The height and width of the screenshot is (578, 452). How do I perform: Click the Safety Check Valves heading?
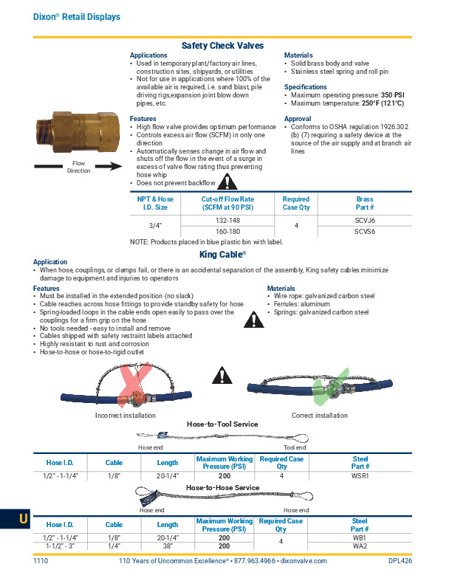(x=222, y=46)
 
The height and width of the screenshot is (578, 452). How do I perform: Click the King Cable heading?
(x=222, y=253)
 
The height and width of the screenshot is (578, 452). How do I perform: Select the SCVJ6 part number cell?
(x=365, y=220)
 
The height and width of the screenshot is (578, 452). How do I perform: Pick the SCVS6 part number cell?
(x=365, y=231)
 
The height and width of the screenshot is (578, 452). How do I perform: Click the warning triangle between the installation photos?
(x=221, y=376)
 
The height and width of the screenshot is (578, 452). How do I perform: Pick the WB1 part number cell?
(x=360, y=537)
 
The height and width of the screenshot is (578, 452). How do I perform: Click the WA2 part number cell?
(x=360, y=546)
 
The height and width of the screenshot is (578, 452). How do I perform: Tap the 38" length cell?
(x=168, y=546)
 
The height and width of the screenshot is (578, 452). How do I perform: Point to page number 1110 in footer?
(x=41, y=562)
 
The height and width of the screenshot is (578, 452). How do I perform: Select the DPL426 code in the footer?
(x=400, y=562)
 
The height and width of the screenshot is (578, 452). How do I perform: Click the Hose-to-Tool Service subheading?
(x=222, y=424)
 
